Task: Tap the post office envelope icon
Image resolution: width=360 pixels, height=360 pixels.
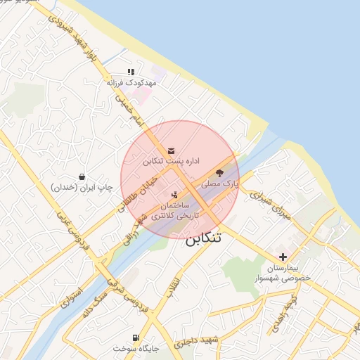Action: [x=172, y=150]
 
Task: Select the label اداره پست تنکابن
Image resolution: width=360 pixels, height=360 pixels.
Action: [x=172, y=161]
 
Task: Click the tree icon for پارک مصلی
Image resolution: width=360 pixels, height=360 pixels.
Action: [x=219, y=172]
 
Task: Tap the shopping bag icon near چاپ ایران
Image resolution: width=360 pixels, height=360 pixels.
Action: [x=83, y=176]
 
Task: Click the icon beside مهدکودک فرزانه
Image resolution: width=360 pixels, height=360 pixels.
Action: [x=131, y=72]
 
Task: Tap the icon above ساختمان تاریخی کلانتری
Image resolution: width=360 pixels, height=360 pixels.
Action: [x=174, y=194]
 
